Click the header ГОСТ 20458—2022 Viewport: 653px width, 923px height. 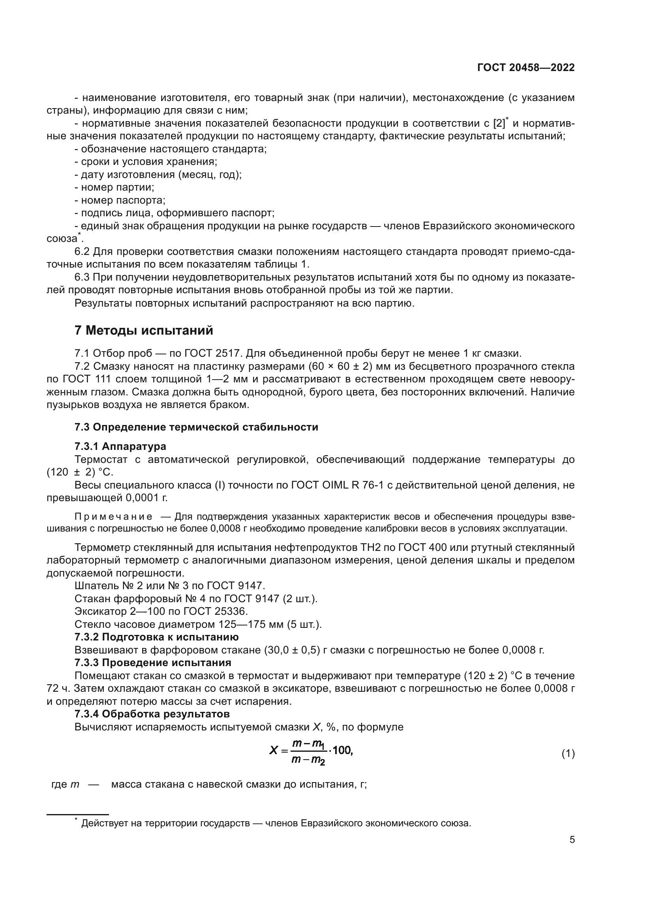click(526, 67)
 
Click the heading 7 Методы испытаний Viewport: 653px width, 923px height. click(144, 330)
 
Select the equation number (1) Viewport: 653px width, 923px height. click(568, 754)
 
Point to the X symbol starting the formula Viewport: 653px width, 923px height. click(274, 750)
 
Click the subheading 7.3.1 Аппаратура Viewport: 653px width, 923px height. click(120, 446)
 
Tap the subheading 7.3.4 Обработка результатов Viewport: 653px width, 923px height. click(152, 714)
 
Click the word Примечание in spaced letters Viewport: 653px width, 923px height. click(113, 517)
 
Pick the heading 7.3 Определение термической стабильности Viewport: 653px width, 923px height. click(196, 427)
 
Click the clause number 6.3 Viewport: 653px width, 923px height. click(83, 277)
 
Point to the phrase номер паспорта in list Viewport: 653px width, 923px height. click(123, 200)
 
